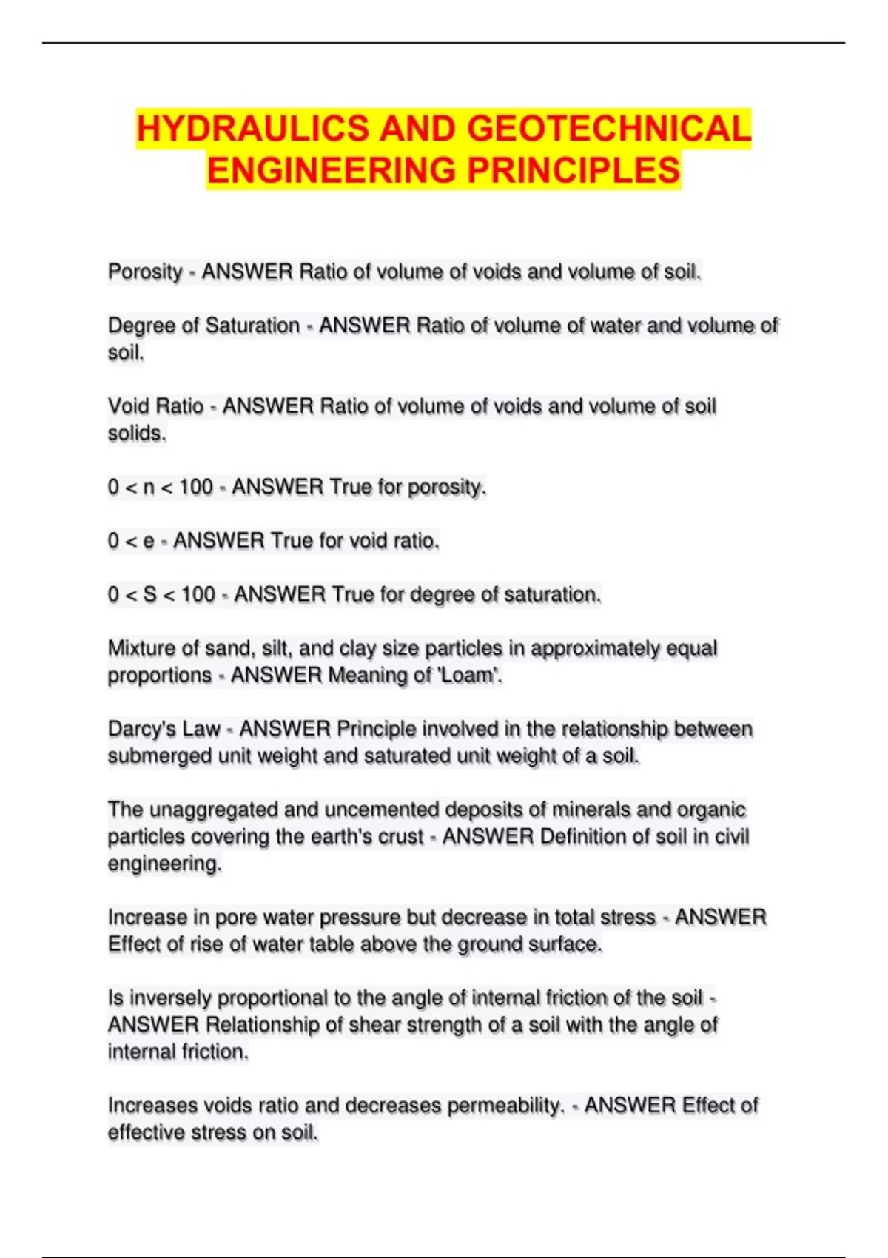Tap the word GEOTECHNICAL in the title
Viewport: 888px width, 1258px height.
click(x=609, y=129)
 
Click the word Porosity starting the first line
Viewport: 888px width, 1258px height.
click(x=145, y=272)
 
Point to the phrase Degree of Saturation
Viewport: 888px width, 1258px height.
click(x=203, y=326)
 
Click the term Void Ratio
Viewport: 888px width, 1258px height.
click(x=155, y=406)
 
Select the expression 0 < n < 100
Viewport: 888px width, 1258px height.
click(x=160, y=487)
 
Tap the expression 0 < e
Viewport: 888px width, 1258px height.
click(x=131, y=541)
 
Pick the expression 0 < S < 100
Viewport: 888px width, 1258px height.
click(x=161, y=595)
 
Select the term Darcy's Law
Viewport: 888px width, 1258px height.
click(x=164, y=730)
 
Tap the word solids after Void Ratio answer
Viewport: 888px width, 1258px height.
click(x=136, y=434)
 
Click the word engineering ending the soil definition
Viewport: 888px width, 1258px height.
click(x=164, y=864)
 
